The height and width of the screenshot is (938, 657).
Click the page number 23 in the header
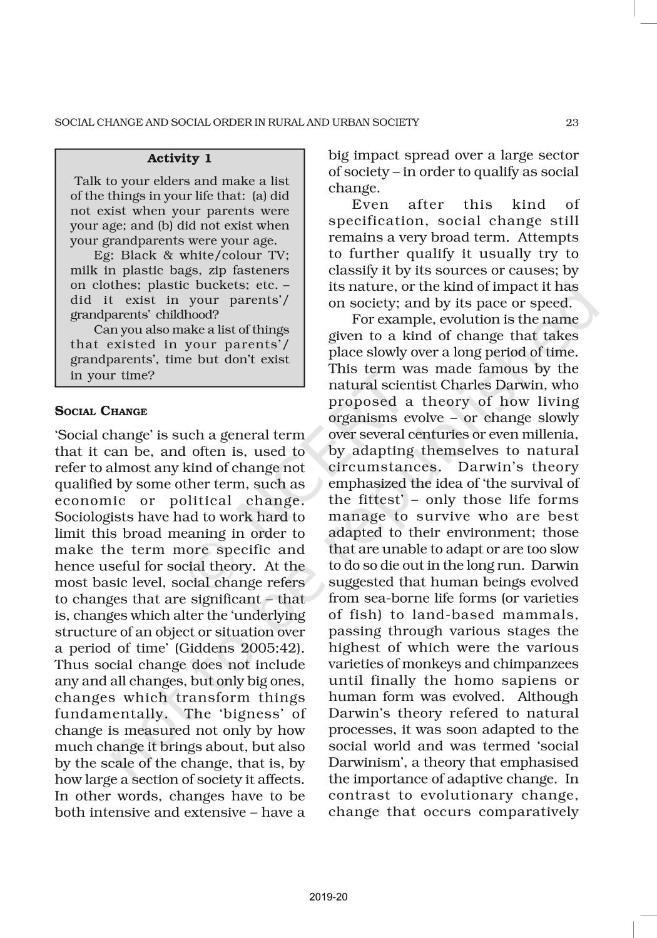tap(572, 123)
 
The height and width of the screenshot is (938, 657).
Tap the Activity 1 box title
tap(179, 158)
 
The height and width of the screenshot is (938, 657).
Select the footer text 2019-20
tap(328, 897)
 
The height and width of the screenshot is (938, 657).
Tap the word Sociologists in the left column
tap(94, 517)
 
